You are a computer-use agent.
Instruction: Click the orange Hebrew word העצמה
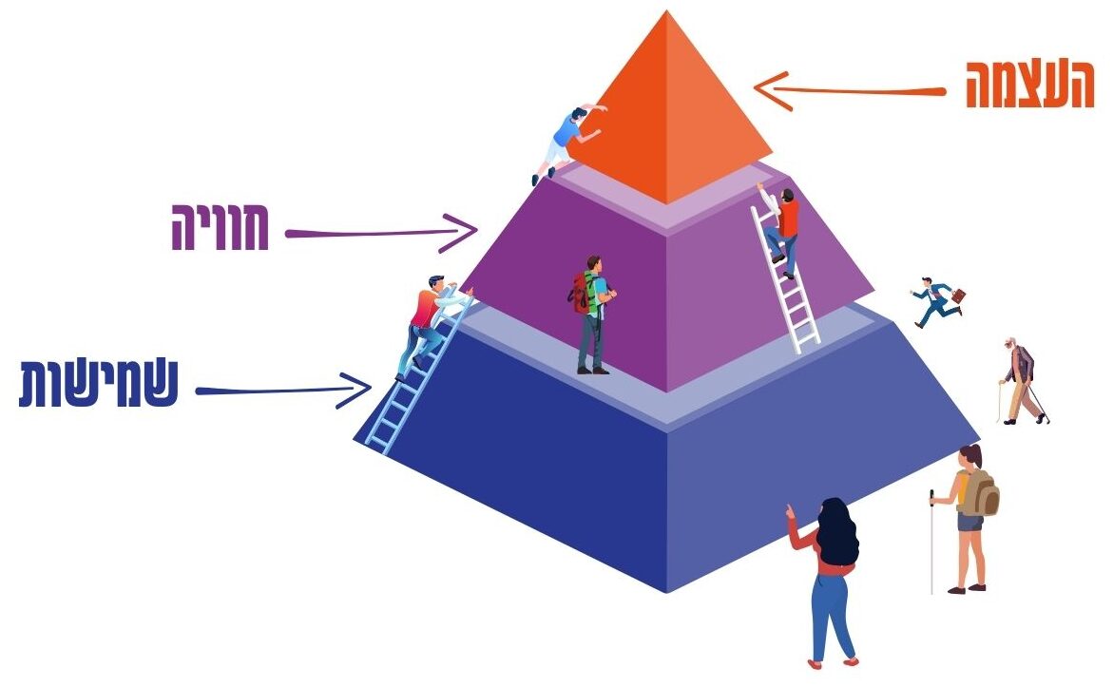coord(1029,86)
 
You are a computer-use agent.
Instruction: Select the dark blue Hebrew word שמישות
coord(99,385)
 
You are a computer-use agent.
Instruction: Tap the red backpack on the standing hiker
coord(582,294)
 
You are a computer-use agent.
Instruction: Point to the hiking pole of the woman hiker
coord(932,542)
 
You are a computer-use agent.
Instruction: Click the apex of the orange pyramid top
coord(667,13)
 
